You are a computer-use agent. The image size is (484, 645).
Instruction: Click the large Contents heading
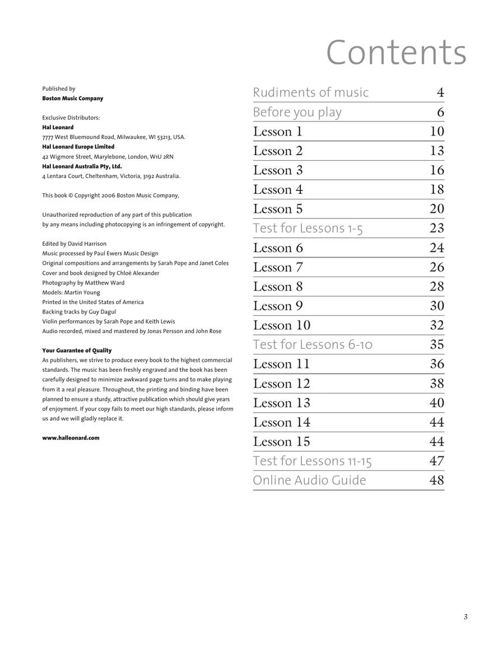(x=396, y=53)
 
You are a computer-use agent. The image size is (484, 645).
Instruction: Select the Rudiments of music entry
(x=310, y=92)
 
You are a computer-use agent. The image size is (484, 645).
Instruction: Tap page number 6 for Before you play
(x=440, y=112)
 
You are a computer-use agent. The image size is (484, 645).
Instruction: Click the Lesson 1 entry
(x=277, y=132)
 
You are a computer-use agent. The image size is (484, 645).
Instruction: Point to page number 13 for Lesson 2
(x=437, y=151)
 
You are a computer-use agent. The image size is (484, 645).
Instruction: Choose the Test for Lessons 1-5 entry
(x=308, y=228)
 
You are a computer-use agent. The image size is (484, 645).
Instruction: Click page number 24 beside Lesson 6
(x=437, y=247)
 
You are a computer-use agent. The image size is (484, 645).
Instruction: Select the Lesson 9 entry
(x=278, y=306)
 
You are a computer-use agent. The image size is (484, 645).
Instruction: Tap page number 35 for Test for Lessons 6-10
(x=437, y=344)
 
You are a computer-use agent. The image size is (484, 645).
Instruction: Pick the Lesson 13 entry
(x=281, y=403)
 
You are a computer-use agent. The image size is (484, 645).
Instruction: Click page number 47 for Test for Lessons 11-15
(x=437, y=461)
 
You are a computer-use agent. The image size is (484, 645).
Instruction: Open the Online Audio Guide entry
(x=309, y=480)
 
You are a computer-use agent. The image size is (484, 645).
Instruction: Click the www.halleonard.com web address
(x=71, y=438)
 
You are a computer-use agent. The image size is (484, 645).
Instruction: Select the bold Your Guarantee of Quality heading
(x=77, y=350)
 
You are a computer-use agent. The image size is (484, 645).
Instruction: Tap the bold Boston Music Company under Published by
(x=73, y=99)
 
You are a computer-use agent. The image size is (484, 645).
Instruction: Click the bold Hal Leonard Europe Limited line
(x=78, y=147)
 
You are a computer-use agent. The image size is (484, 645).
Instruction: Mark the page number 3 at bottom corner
(x=466, y=617)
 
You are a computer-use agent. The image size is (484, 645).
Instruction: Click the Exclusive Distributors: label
(x=71, y=118)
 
